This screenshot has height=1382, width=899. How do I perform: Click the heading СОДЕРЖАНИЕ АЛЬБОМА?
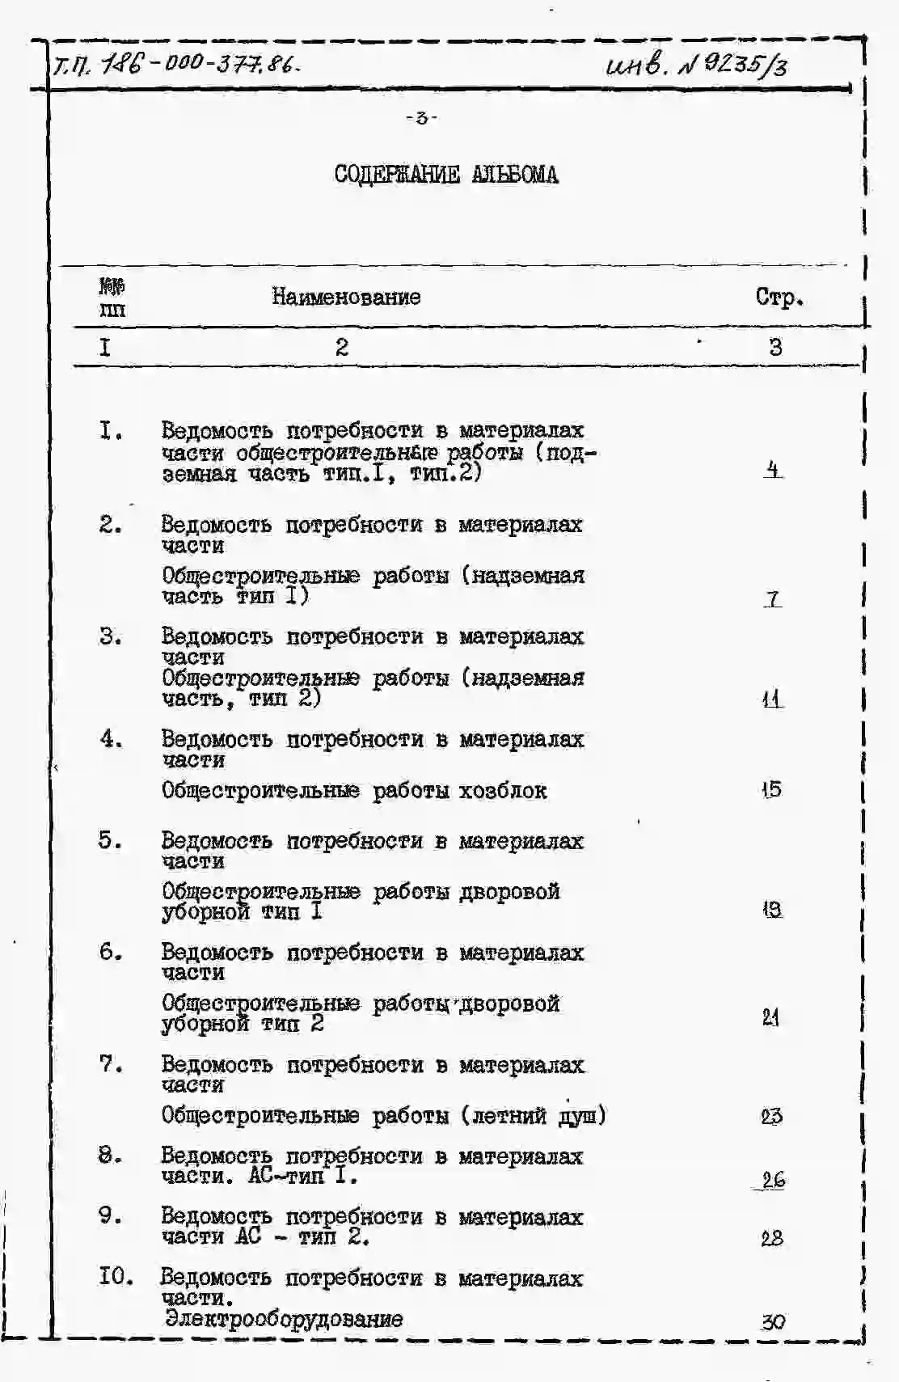(x=445, y=175)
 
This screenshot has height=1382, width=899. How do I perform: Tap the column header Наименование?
(x=346, y=297)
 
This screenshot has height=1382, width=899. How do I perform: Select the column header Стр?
(x=779, y=298)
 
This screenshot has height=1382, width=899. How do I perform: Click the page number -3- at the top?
(x=421, y=118)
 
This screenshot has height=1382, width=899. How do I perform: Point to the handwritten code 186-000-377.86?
(x=199, y=64)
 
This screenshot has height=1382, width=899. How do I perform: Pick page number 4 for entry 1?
(x=773, y=469)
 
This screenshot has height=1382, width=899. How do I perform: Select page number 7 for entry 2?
(x=773, y=599)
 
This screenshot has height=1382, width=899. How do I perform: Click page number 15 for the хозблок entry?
(x=771, y=789)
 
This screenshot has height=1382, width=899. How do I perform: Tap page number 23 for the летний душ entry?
(x=771, y=1116)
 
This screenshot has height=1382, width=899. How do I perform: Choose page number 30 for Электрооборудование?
(x=772, y=1322)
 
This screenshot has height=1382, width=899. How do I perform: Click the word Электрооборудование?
(x=283, y=1319)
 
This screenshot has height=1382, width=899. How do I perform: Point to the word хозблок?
(x=503, y=790)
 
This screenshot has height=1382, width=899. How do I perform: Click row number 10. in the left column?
(x=116, y=1277)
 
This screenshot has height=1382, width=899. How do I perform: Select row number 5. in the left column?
(x=111, y=840)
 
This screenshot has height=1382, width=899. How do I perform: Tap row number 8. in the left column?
(x=111, y=1156)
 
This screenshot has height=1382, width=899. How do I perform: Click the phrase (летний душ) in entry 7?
(x=534, y=1116)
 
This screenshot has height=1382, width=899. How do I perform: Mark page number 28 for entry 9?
(x=771, y=1238)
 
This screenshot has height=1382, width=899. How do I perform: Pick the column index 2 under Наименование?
(x=342, y=347)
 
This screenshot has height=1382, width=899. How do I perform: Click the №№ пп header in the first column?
(x=112, y=298)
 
